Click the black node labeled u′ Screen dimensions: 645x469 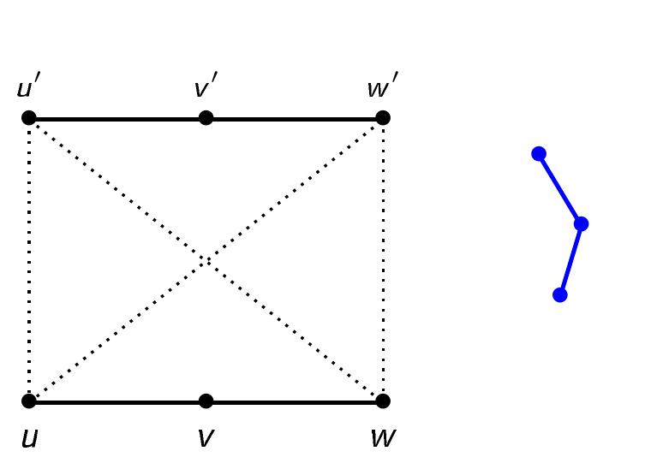(29, 117)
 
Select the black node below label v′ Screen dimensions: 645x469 (206, 117)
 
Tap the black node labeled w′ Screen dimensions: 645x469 (383, 117)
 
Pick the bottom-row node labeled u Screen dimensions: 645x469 (29, 401)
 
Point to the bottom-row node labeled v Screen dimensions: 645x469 (206, 401)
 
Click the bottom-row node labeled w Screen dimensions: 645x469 (383, 401)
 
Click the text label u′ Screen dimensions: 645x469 (28, 87)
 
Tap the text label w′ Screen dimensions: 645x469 (381, 87)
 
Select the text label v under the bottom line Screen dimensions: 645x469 (205, 437)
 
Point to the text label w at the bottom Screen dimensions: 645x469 (382, 437)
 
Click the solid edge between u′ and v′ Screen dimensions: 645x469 (117, 118)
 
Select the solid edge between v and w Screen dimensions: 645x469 (295, 401)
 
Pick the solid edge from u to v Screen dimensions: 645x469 (117, 401)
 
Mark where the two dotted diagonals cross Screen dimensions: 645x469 (206, 259)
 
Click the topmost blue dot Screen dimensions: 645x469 (539, 154)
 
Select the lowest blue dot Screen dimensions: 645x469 (560, 294)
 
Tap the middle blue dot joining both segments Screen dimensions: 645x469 (581, 224)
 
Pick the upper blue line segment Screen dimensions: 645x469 (559, 188)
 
